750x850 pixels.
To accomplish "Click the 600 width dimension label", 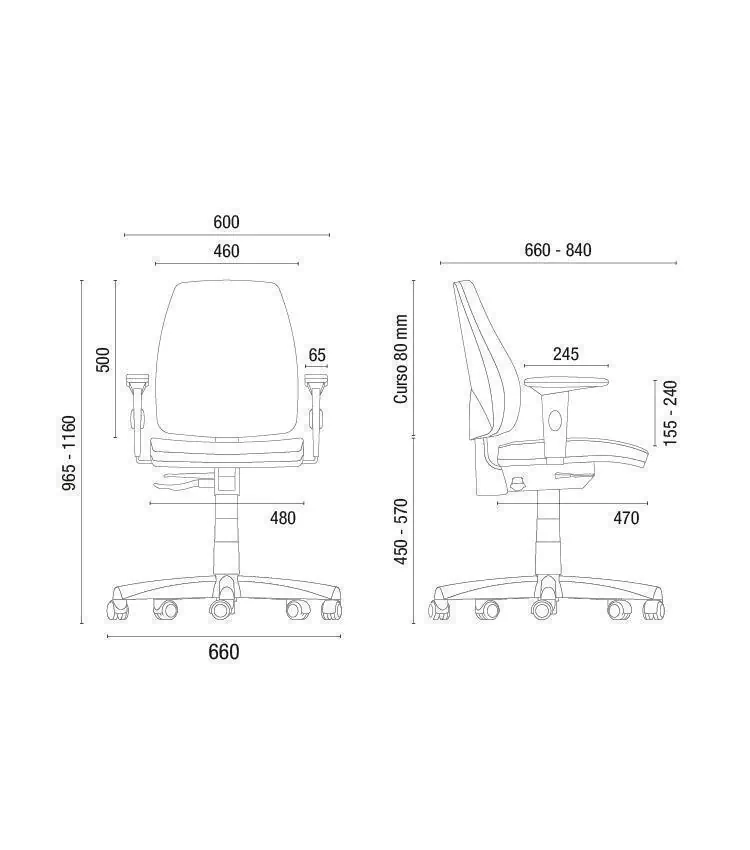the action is click(x=226, y=222).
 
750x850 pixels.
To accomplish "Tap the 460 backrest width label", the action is click(x=226, y=252).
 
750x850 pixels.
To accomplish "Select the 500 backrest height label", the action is click(x=102, y=359).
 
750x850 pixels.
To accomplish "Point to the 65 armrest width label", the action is click(x=317, y=355).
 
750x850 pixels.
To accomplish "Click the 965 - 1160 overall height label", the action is click(x=69, y=453).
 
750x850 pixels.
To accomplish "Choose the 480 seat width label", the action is click(x=283, y=518).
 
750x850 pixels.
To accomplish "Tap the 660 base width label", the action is click(x=224, y=652).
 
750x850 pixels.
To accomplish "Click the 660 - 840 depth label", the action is click(x=558, y=250).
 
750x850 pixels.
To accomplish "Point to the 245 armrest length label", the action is click(x=566, y=354).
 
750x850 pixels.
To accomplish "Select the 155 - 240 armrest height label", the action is click(x=670, y=413).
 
